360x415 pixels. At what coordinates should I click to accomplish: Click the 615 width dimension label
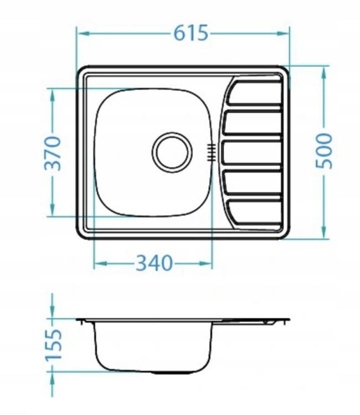pos(191,33)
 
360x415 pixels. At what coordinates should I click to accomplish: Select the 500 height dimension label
pos(323,151)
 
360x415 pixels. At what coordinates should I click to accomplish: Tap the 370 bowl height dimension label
pos(53,153)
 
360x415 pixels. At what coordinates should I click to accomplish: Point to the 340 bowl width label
pos(154,263)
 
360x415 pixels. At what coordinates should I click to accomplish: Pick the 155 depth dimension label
pos(53,345)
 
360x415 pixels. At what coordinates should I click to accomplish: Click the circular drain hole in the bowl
pos(172,152)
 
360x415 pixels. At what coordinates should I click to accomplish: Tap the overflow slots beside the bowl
pos(211,153)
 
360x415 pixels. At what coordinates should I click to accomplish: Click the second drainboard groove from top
pos(252,122)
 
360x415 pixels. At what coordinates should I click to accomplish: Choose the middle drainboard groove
pos(251,153)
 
